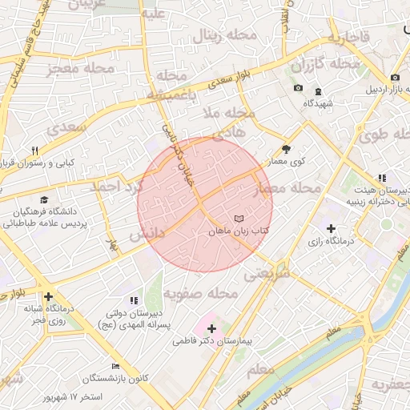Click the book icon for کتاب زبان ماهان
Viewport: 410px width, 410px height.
pyautogui.click(x=237, y=219)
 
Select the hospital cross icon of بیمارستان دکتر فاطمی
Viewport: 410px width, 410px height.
pyautogui.click(x=211, y=328)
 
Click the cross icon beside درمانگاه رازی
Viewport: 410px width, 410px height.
pyautogui.click(x=331, y=229)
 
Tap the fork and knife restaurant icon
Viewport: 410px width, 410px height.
pyautogui.click(x=34, y=151)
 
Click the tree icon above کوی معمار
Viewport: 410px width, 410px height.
pyautogui.click(x=287, y=149)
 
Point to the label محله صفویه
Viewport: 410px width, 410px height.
pyautogui.click(x=211, y=294)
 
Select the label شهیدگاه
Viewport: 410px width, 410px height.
pyautogui.click(x=318, y=104)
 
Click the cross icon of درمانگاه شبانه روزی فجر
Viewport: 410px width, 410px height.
pyautogui.click(x=50, y=296)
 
